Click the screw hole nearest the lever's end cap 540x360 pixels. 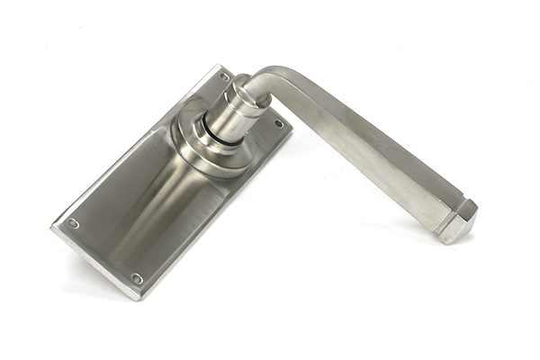(278, 123)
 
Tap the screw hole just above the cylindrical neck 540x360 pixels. (223, 77)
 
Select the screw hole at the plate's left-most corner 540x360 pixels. (73, 223)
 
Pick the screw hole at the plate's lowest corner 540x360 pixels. (137, 278)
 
